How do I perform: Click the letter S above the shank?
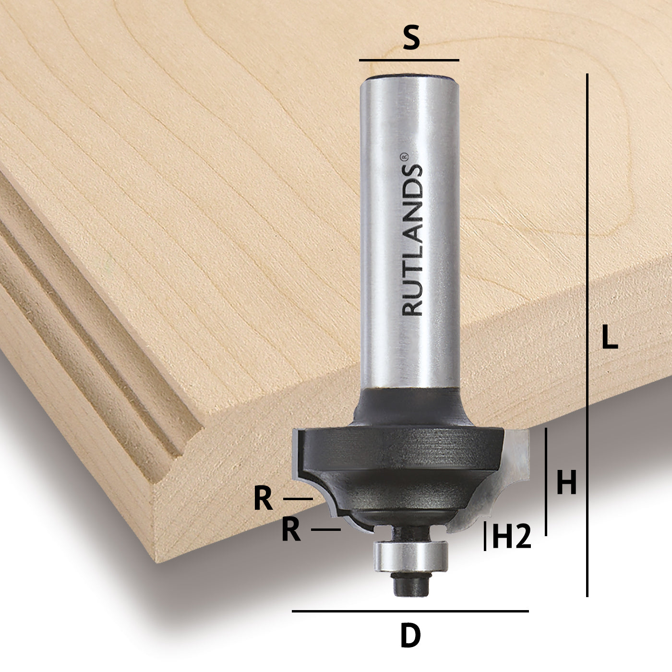click(411, 39)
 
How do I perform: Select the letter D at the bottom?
click(410, 636)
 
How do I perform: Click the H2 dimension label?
click(512, 537)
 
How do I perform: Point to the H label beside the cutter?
click(566, 483)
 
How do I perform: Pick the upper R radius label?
click(263, 499)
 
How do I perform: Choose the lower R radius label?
click(291, 530)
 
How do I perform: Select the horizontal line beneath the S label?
click(409, 60)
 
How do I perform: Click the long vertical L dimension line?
click(587, 336)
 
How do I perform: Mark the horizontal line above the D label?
click(410, 611)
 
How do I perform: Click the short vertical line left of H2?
click(486, 536)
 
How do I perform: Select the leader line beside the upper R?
click(298, 499)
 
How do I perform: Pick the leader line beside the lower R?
click(326, 529)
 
